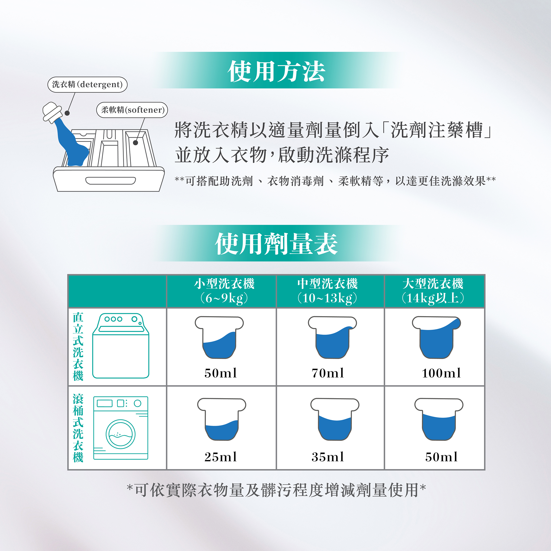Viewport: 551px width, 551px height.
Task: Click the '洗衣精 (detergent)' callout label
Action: coord(87,84)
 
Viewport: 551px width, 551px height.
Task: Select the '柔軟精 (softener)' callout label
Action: coord(132,110)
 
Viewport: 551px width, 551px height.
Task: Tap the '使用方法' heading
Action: coord(276,71)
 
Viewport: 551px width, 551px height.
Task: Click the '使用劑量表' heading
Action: coord(276,244)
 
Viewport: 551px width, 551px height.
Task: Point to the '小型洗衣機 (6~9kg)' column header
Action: coord(224,291)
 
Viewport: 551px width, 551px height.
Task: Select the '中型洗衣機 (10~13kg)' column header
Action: coord(327,291)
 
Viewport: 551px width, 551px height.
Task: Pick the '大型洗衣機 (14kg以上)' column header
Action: coord(433,291)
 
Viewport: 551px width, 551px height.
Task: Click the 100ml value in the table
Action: coord(441,373)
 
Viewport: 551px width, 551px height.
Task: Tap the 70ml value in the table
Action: coord(328,373)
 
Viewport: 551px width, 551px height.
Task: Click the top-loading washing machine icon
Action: coord(121,346)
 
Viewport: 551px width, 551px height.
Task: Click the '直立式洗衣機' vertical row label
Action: coord(78,347)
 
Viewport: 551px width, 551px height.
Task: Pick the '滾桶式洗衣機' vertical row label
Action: coord(78,428)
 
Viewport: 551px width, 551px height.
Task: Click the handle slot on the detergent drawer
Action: coord(111,181)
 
